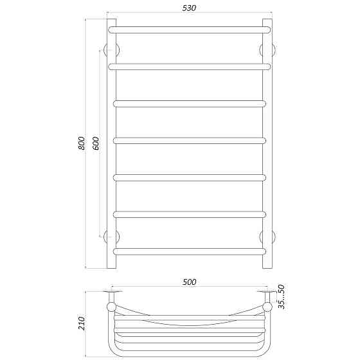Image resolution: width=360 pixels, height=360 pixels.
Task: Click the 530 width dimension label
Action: [189, 8]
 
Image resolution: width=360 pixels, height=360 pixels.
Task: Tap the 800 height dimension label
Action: [81, 143]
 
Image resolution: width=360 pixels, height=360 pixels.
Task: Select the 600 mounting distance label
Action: [96, 143]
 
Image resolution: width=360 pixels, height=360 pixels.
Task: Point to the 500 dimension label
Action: [190, 282]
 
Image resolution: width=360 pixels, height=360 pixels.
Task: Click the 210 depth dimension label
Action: [81, 323]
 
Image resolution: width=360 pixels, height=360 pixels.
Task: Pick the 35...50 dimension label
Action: [282, 296]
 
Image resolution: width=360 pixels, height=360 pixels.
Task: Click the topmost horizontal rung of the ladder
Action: [190, 30]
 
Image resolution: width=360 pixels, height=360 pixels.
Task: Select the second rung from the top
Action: [190, 67]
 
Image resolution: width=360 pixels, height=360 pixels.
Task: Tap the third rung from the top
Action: [190, 104]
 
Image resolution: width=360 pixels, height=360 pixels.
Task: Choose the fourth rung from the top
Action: [190, 141]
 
